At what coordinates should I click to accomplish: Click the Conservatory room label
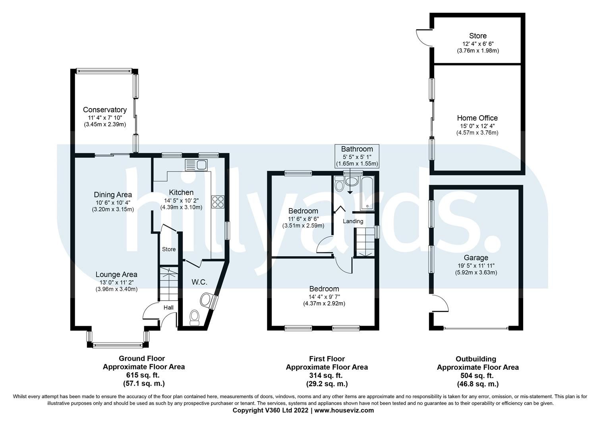point(105,110)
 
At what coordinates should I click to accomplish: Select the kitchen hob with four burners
point(218,202)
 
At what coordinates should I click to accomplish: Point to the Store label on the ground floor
point(168,249)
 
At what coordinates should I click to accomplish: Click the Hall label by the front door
point(168,307)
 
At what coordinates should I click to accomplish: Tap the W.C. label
point(199,282)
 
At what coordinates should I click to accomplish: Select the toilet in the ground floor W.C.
point(194,317)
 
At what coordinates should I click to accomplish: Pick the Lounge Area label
point(116,274)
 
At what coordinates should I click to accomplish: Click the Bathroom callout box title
point(357,149)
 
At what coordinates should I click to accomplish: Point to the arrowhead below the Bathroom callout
point(350,192)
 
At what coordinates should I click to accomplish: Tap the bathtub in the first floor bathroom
point(368,193)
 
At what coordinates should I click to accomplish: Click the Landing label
point(353,221)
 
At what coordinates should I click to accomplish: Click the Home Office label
point(477,118)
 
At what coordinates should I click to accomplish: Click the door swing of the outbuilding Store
point(423,37)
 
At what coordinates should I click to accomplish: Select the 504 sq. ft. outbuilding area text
point(477,376)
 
